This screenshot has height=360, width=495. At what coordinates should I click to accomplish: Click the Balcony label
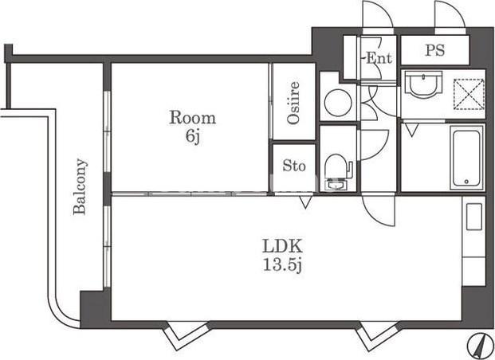click(80, 187)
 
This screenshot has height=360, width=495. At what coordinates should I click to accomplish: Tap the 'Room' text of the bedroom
click(193, 118)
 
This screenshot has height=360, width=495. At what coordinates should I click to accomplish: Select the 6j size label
click(193, 136)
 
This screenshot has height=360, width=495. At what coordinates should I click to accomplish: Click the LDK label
click(282, 246)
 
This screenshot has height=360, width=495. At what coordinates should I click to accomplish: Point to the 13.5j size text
click(282, 265)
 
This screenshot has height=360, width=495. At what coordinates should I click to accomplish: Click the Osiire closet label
click(293, 102)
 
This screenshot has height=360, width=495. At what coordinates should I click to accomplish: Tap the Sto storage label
click(294, 166)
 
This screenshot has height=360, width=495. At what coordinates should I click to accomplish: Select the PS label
click(434, 50)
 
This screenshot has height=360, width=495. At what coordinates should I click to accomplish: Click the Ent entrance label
click(379, 58)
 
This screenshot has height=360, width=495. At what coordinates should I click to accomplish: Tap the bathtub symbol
click(466, 158)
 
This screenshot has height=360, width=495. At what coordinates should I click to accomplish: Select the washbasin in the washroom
click(423, 84)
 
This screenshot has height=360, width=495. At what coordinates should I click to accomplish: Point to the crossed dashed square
click(469, 95)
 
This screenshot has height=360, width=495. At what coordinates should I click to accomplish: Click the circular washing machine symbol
click(338, 104)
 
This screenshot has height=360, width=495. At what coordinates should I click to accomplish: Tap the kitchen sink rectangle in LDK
click(474, 217)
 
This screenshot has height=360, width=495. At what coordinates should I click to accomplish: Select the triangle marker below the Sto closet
click(305, 202)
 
